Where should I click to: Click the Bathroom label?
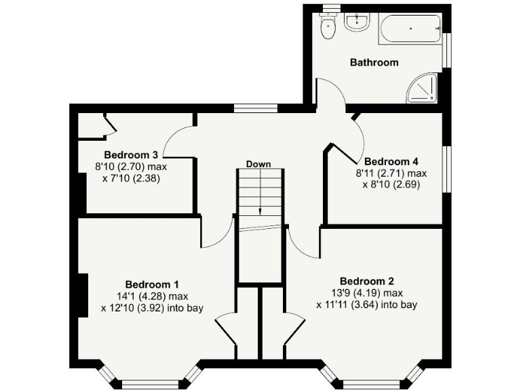click(x=374, y=62)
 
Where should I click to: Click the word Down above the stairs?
click(x=258, y=165)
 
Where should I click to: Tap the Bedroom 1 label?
click(x=152, y=284)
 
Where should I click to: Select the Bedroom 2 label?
click(x=367, y=281)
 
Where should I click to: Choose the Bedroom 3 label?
click(x=132, y=155)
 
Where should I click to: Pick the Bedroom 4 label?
click(x=391, y=162)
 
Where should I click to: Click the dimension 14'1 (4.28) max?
click(x=152, y=296)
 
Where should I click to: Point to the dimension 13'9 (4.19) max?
click(x=367, y=293)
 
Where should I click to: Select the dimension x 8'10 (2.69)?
click(x=392, y=184)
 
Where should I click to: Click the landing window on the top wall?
click(x=255, y=108)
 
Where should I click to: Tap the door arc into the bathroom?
click(x=330, y=91)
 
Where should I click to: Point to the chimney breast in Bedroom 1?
click(x=81, y=295)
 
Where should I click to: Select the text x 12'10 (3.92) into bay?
click(x=152, y=307)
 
